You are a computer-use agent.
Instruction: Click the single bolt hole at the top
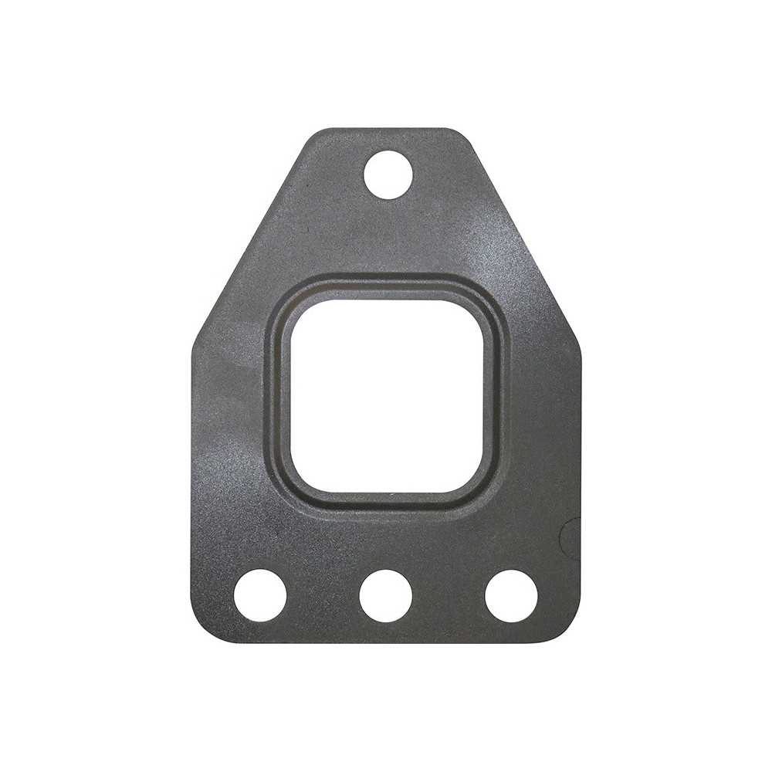tap(388, 174)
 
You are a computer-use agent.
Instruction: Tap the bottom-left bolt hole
tap(260, 595)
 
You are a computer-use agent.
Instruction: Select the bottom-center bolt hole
tap(385, 595)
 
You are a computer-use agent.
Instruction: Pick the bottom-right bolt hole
tap(511, 595)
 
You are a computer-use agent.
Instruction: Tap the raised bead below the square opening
tap(387, 505)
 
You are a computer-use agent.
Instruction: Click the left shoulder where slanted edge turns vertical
tap(195, 340)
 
